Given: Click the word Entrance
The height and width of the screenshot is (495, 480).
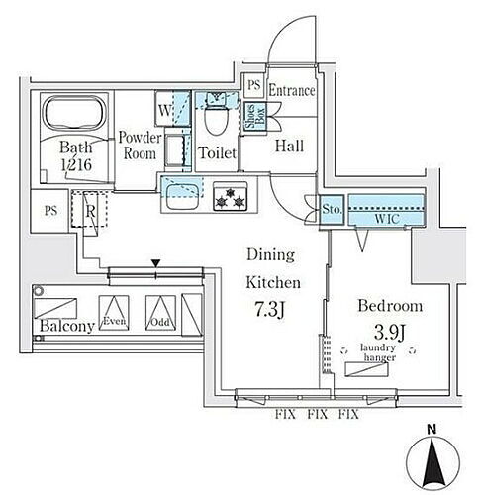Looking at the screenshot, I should tap(291, 91).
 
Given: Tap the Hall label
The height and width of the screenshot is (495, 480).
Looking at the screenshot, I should tap(288, 147).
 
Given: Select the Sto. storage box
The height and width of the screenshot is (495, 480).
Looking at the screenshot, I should tap(331, 208).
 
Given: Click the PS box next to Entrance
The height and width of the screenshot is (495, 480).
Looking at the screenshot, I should tap(253, 86).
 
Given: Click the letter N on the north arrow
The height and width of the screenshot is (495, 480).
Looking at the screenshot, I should tap(433, 429).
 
